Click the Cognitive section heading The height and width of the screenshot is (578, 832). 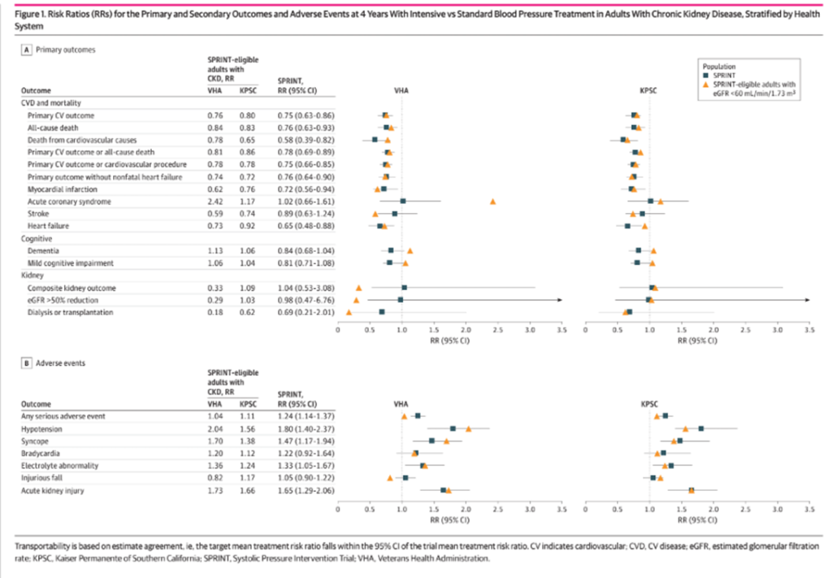(x=36, y=239)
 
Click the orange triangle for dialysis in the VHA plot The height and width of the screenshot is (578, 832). (x=349, y=312)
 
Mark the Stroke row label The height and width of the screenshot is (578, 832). (x=38, y=213)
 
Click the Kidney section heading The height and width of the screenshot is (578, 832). (x=32, y=276)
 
